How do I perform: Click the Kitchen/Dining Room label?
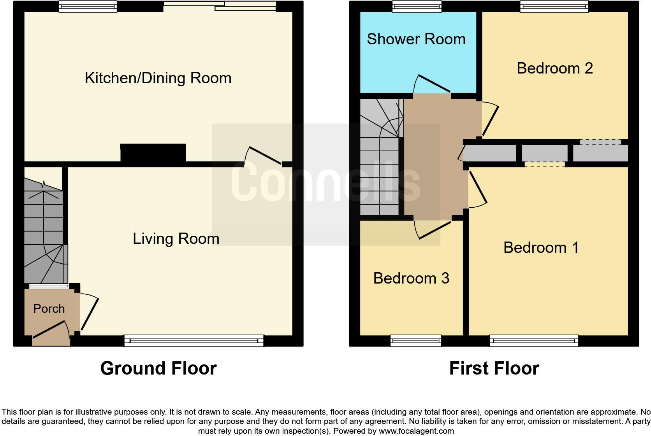tap(158, 78)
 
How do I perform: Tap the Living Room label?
tap(176, 238)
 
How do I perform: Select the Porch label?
tap(49, 308)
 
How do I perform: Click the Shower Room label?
tap(416, 39)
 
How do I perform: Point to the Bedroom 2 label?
tap(554, 68)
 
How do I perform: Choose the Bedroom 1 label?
tap(541, 247)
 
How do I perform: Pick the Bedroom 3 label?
tap(411, 278)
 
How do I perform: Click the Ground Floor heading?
tap(158, 368)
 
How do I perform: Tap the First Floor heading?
tap(494, 368)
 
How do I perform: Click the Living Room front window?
tap(194, 341)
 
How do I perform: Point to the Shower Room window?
tap(417, 6)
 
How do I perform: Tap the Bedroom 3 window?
tap(416, 341)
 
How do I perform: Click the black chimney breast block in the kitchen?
tap(153, 152)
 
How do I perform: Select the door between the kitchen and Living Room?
tap(265, 156)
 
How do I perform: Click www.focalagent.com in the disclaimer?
tap(416, 431)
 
